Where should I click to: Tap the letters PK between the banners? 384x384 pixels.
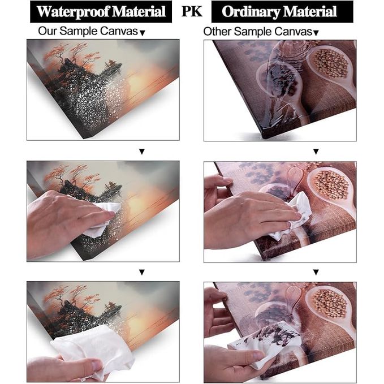[192, 11]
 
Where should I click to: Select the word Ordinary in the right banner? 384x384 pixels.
[251, 12]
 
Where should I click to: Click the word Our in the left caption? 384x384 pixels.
[48, 31]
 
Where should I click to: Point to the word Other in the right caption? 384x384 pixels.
[217, 32]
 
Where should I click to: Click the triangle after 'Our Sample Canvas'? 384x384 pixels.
[143, 33]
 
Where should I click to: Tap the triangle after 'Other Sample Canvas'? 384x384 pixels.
[316, 33]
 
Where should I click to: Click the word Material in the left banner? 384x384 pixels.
[139, 11]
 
